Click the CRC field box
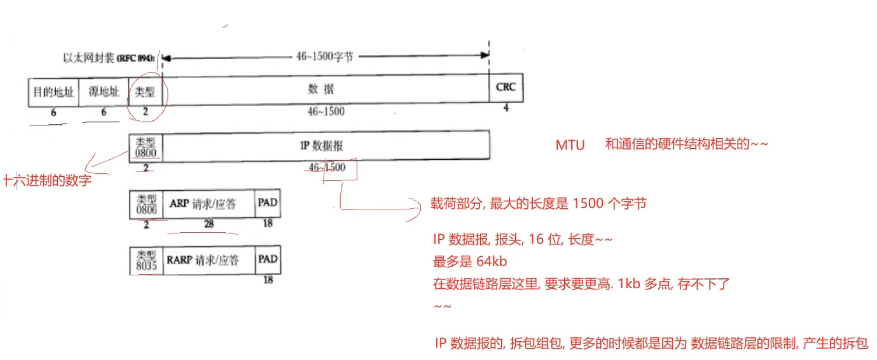(x=506, y=88)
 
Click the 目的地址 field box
(x=54, y=92)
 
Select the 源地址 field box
(x=103, y=92)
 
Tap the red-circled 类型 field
(x=145, y=92)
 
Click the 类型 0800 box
(x=146, y=146)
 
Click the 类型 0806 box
(x=146, y=204)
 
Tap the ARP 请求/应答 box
(x=209, y=204)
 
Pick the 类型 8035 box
(x=146, y=260)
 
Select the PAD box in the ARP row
(x=268, y=204)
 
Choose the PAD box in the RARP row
(x=268, y=260)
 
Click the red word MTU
(x=570, y=145)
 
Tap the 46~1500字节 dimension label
(x=324, y=57)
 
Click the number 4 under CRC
(x=505, y=108)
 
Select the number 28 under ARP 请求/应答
(x=208, y=223)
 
